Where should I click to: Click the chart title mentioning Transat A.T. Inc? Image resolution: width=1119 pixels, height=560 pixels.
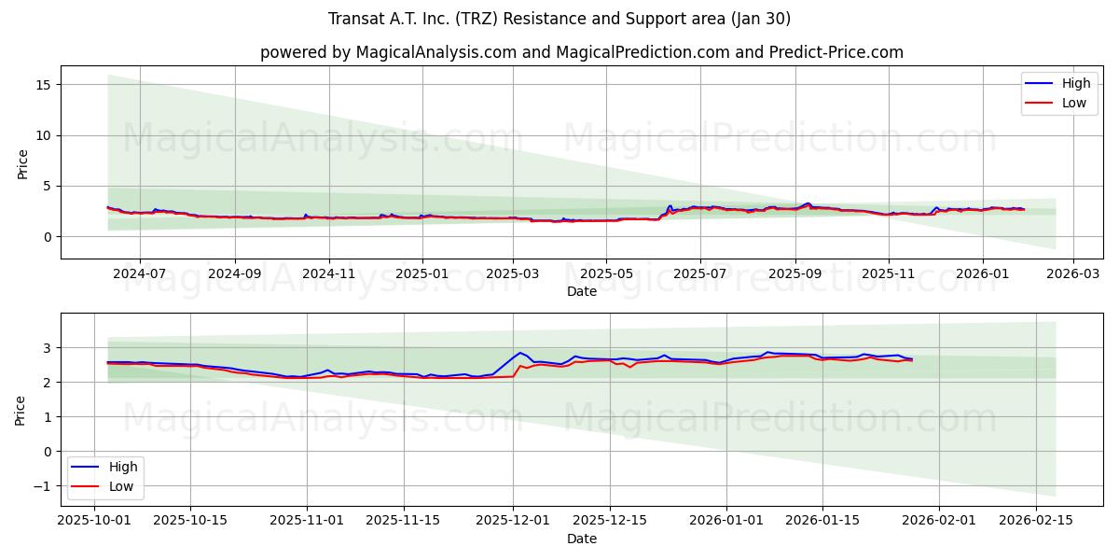tap(559, 19)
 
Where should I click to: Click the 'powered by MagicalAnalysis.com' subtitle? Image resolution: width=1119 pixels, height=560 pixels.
tap(581, 52)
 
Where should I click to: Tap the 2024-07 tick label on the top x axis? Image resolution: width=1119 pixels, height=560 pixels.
tap(140, 273)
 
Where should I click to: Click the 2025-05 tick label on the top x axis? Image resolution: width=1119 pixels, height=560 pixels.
tap(606, 273)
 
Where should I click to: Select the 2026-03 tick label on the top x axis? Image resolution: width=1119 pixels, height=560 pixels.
tap(1072, 273)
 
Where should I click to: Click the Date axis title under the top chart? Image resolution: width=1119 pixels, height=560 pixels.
tap(581, 291)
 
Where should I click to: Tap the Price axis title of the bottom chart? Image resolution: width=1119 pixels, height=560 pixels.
tap(21, 410)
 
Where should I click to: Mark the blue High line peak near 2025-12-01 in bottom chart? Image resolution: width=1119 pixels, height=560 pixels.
tap(519, 353)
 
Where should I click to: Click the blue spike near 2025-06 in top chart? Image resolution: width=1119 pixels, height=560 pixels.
tap(670, 206)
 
